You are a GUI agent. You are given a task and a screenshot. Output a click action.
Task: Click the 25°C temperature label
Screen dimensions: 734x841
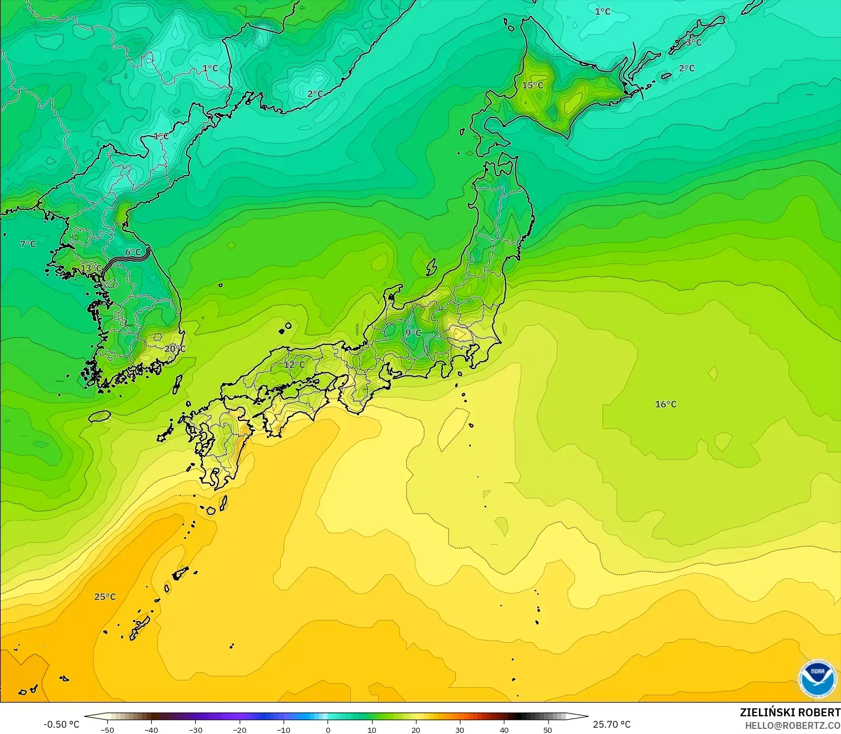(105, 597)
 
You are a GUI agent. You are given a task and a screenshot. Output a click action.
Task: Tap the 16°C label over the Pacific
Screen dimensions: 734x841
(665, 404)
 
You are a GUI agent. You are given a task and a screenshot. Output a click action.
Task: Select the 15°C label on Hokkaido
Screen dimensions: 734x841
(532, 86)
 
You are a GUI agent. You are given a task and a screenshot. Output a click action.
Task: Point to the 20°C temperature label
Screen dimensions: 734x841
(175, 349)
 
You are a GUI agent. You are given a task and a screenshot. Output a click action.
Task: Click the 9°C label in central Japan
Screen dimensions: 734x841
(413, 333)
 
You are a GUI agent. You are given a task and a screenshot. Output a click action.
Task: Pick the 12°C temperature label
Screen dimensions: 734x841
(294, 364)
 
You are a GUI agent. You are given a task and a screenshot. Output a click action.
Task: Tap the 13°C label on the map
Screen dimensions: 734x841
(91, 269)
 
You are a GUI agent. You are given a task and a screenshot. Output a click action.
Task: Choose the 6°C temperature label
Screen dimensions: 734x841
(133, 252)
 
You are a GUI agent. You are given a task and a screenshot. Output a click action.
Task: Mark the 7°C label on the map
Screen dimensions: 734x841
(28, 244)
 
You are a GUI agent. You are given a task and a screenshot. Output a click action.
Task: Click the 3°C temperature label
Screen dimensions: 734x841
(694, 42)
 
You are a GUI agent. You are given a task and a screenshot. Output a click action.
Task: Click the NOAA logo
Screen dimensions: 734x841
(818, 679)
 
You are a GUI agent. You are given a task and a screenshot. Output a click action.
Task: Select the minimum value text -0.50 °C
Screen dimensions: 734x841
(61, 724)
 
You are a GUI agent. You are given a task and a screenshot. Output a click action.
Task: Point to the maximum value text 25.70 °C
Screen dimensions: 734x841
(612, 724)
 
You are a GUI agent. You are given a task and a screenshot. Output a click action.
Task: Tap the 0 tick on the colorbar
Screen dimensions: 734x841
(327, 729)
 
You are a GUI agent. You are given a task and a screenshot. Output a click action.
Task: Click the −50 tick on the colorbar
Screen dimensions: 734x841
(107, 729)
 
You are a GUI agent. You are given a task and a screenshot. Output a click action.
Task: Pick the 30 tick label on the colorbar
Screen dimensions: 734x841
(460, 729)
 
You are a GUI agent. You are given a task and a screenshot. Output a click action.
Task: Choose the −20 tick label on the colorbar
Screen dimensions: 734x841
(240, 729)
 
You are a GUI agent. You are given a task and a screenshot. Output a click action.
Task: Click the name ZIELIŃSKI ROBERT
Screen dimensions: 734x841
(790, 712)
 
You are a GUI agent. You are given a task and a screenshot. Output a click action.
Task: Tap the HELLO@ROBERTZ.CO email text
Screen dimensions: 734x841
(793, 725)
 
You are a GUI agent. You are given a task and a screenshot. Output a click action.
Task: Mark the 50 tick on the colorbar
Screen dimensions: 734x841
(548, 729)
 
